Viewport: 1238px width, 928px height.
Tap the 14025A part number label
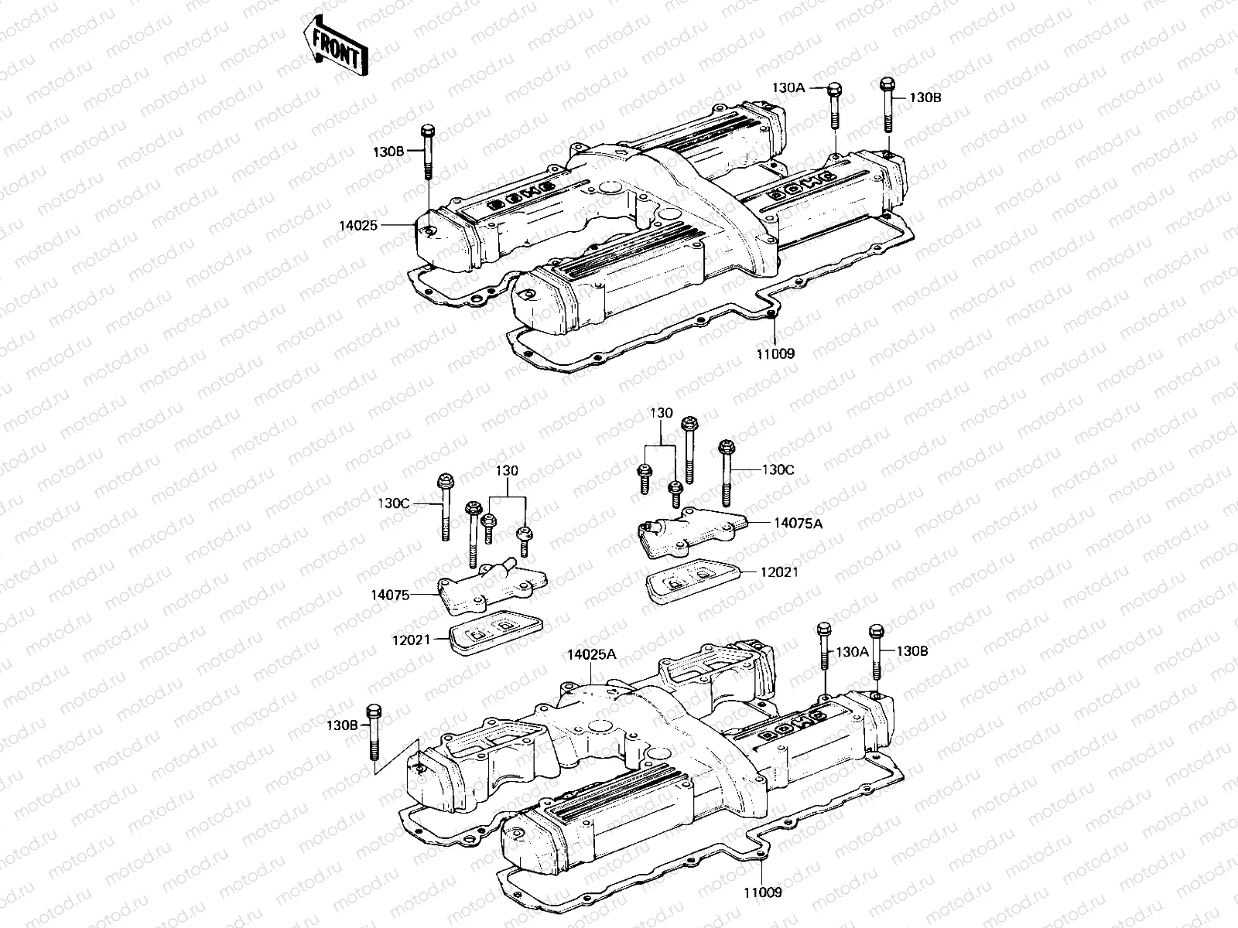click(x=591, y=654)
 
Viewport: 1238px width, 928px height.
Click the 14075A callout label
click(x=798, y=524)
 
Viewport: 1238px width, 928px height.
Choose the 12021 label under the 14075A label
click(x=780, y=572)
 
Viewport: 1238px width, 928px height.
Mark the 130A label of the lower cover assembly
click(x=853, y=652)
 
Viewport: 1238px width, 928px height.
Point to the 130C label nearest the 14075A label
click(x=778, y=469)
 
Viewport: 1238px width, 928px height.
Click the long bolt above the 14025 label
click(x=427, y=151)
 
